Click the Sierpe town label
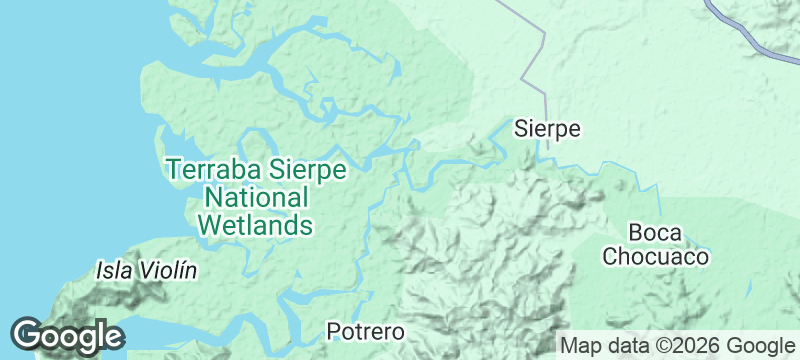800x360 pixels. pos(547,129)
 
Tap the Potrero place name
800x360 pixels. pos(366,332)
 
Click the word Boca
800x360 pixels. pos(655,234)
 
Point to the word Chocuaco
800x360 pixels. pos(655,257)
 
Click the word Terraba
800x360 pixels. pos(214,171)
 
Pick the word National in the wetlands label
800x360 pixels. pos(255,197)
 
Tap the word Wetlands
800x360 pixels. pos(255,224)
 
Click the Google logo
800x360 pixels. pos(67,335)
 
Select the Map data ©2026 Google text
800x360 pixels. pos(676,346)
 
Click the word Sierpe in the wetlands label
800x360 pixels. pos(305,171)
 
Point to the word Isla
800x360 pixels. pos(112,270)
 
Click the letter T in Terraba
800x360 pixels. pos(173,171)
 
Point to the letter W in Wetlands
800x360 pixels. pos(208,224)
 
